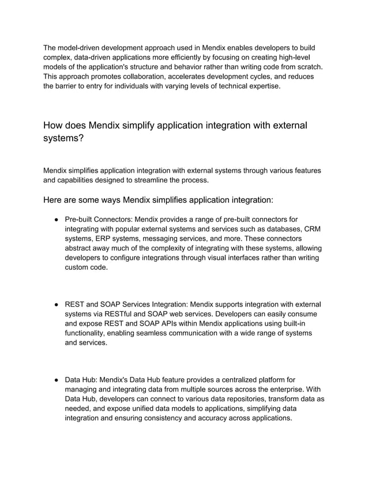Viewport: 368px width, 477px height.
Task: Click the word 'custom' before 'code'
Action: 79,269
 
